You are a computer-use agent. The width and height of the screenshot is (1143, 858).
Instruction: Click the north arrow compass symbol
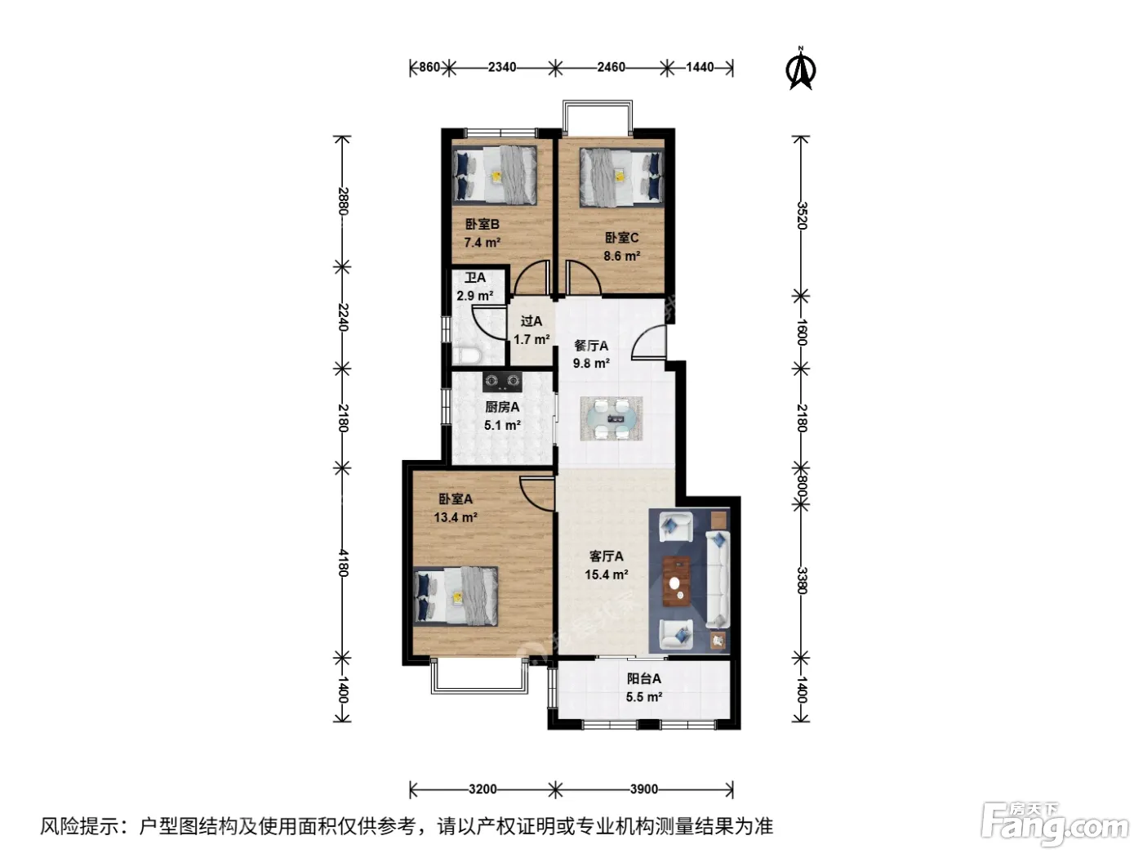(800, 69)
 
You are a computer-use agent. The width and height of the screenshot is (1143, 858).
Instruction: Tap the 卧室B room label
(482, 225)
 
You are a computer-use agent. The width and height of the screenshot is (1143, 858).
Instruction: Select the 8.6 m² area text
(621, 257)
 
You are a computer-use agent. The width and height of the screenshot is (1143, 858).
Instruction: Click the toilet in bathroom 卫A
(465, 355)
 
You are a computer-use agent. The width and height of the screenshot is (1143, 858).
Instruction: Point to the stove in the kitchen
(502, 382)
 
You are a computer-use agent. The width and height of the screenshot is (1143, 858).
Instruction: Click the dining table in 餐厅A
(612, 418)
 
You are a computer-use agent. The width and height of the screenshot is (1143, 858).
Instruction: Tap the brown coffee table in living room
(676, 581)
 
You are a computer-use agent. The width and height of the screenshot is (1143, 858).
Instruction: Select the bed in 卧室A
(456, 596)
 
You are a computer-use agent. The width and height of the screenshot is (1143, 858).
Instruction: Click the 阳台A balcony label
(643, 679)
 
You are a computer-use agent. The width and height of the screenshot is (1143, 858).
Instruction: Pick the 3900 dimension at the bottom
(643, 789)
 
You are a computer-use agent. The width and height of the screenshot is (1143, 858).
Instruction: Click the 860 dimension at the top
(429, 67)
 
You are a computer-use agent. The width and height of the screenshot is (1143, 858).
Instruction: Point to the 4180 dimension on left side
(342, 563)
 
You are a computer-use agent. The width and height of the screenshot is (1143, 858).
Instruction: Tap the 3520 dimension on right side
(802, 216)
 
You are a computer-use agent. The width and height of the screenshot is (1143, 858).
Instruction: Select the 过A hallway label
(531, 321)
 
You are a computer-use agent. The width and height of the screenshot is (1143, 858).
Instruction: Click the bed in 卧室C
(622, 178)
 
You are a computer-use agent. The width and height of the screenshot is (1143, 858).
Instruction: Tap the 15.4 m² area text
(606, 574)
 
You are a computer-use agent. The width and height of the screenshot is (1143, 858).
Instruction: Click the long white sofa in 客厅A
(718, 579)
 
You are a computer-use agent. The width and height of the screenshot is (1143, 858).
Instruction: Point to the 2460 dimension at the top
(611, 67)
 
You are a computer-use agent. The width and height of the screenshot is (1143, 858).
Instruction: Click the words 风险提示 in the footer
(79, 826)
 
